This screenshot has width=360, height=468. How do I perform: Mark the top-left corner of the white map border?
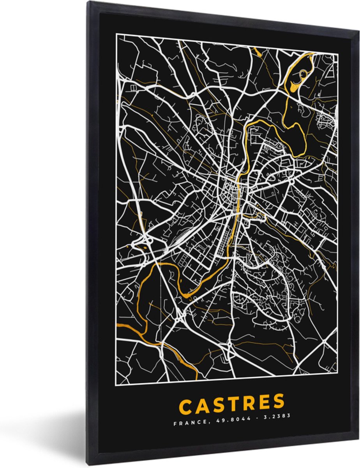click(x=116, y=34)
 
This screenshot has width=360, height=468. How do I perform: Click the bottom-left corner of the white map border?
click(x=116, y=384)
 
